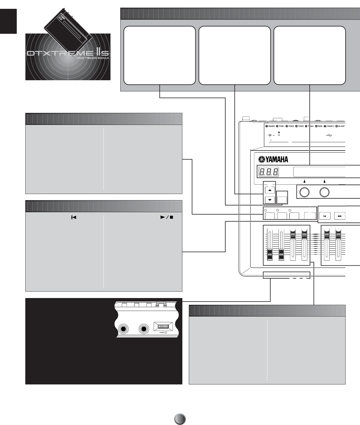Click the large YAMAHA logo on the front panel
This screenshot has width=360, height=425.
pyautogui.click(x=273, y=160)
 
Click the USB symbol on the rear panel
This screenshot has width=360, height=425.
pyautogui.click(x=329, y=135)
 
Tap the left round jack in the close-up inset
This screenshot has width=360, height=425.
pyautogui.click(x=124, y=329)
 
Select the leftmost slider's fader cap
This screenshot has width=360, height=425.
pyautogui.click(x=269, y=256)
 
